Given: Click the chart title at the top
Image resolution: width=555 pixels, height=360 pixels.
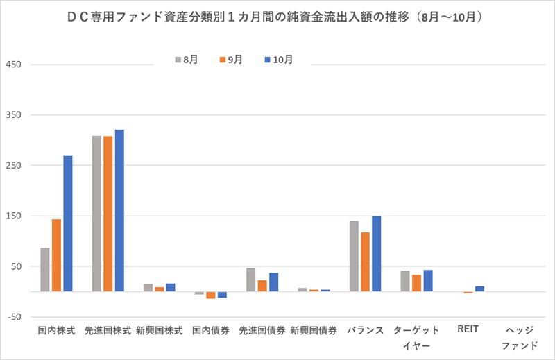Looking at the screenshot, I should tap(277, 15).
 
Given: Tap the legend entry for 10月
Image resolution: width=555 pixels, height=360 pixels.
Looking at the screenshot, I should tap(277, 60).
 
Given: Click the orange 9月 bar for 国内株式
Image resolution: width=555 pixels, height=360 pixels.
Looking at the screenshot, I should tap(56, 255).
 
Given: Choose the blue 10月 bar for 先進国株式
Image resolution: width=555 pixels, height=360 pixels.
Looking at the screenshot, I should tap(119, 210).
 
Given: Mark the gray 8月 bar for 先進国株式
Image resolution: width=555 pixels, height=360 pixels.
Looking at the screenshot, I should tap(96, 213).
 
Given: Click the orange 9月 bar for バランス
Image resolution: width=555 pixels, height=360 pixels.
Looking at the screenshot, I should tap(365, 262).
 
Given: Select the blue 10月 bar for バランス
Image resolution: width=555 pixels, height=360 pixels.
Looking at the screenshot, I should tap(376, 253).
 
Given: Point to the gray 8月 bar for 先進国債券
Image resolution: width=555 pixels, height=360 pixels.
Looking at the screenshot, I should tap(250, 280).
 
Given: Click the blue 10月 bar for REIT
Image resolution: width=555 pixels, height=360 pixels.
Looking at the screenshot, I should tap(479, 289).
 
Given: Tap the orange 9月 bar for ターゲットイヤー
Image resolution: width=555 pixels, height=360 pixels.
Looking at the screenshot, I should tap(416, 283).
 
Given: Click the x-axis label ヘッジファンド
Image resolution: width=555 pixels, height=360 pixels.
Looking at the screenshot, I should tap(519, 337).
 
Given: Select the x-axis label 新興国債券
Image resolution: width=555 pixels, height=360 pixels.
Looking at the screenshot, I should tap(314, 331).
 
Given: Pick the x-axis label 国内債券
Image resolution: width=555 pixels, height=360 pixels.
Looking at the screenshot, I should tap(211, 331).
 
